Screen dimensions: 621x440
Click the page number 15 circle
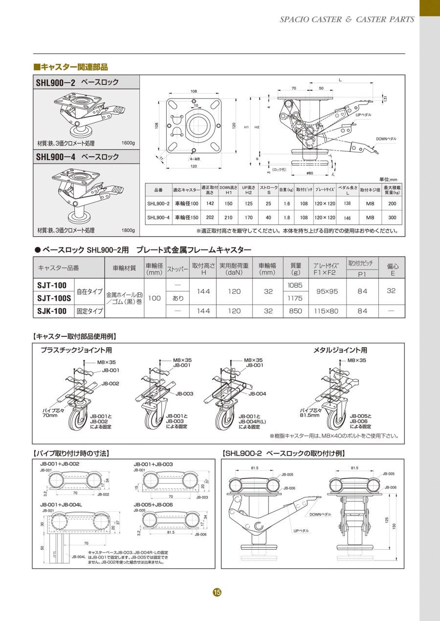tap(217, 592)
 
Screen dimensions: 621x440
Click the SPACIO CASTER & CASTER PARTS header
tap(347, 20)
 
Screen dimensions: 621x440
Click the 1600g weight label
tap(128, 144)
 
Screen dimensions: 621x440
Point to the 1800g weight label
tap(128, 230)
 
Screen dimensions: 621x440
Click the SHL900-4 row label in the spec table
tap(158, 218)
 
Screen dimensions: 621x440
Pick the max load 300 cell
tap(392, 218)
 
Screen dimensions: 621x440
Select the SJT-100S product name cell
tap(54, 298)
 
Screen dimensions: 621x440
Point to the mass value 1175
tap(295, 298)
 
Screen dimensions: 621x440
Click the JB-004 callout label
tap(257, 393)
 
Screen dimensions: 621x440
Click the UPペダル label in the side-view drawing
tap(364, 115)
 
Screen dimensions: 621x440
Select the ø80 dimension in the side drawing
tap(309, 172)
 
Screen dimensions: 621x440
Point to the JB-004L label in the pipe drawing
tap(79, 556)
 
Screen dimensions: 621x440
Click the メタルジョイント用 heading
tap(340, 350)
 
